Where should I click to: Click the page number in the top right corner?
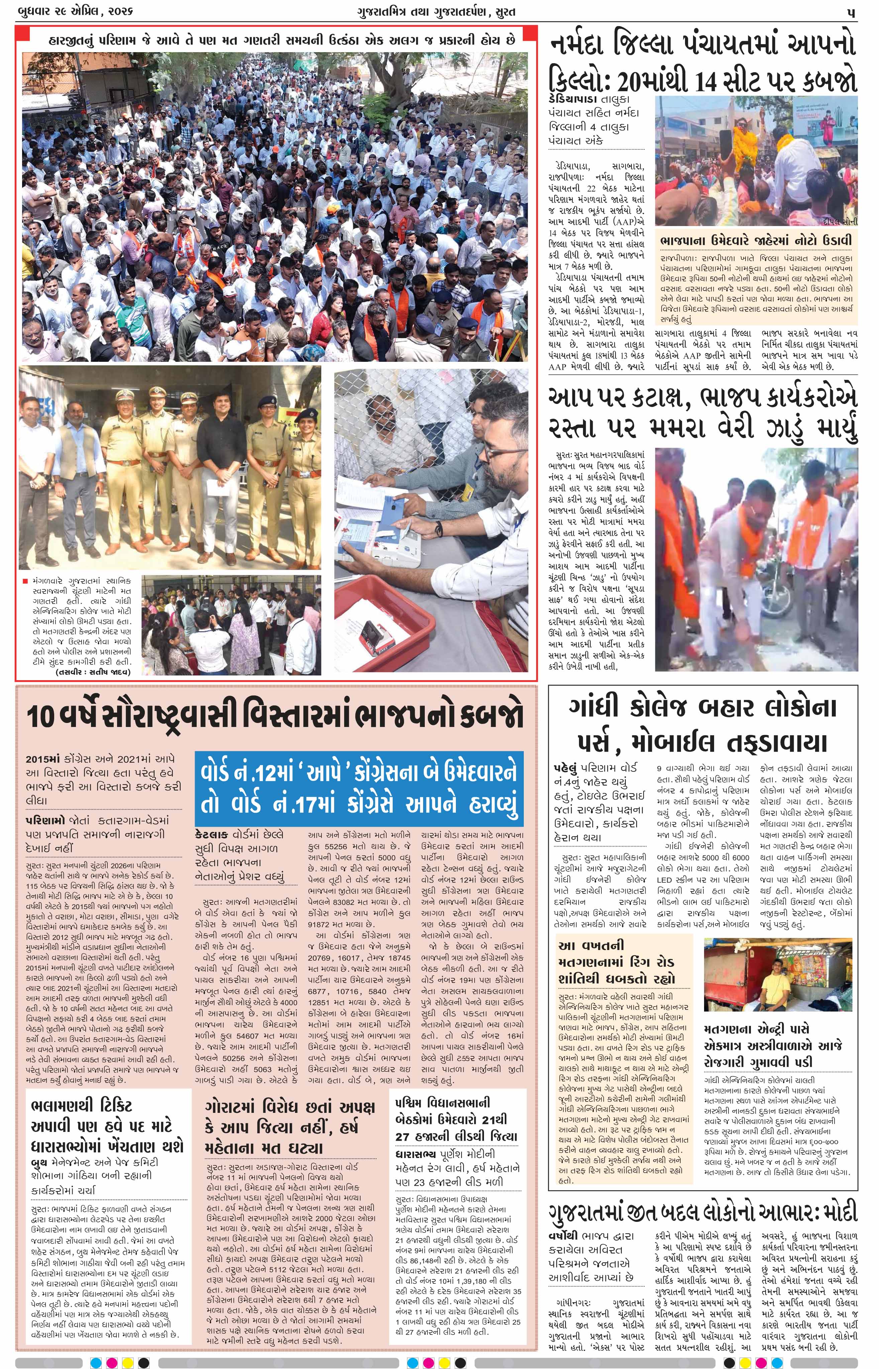click(x=851, y=11)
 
